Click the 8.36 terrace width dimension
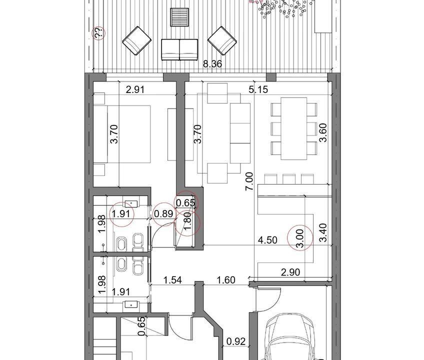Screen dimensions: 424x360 [x=212, y=64]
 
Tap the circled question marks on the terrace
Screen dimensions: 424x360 [x=98, y=33]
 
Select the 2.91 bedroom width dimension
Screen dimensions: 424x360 [x=135, y=89]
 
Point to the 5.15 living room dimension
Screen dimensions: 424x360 [x=258, y=89]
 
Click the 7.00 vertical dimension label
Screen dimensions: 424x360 [x=249, y=181]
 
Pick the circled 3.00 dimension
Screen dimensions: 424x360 [x=300, y=238]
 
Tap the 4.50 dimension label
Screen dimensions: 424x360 [x=267, y=240]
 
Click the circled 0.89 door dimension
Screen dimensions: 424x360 [x=163, y=213]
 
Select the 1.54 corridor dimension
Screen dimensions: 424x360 [x=173, y=279]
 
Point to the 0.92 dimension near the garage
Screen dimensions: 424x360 [x=236, y=341]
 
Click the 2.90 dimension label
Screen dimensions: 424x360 [x=290, y=272]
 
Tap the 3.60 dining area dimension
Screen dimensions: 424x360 [x=323, y=132]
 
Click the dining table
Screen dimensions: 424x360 [x=294, y=128]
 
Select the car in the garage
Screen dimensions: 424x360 [x=290, y=336]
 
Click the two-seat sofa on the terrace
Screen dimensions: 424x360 [x=179, y=49]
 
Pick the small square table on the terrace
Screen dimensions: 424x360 [x=179, y=17]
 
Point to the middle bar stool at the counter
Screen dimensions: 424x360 [x=289, y=179]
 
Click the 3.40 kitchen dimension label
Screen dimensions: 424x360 [x=323, y=232]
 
